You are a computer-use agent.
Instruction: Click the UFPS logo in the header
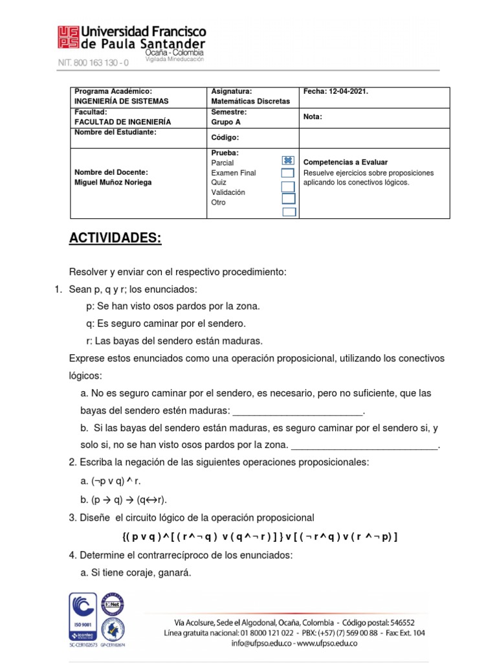(x=68, y=37)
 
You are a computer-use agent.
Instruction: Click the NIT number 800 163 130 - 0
(x=93, y=63)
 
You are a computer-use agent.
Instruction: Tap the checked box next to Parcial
(x=289, y=161)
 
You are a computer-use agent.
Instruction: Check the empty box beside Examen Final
(x=289, y=173)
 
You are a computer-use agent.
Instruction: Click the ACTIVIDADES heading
(x=115, y=238)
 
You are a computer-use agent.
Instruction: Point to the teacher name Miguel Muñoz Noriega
(x=115, y=182)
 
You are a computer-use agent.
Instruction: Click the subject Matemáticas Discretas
(x=250, y=101)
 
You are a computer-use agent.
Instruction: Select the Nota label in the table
(x=313, y=117)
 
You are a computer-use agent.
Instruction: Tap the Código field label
(x=225, y=137)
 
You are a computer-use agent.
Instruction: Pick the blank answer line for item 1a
(x=298, y=412)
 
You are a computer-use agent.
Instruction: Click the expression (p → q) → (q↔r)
(x=128, y=499)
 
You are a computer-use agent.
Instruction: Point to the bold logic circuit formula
(x=259, y=537)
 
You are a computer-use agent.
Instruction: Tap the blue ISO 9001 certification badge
(x=83, y=616)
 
